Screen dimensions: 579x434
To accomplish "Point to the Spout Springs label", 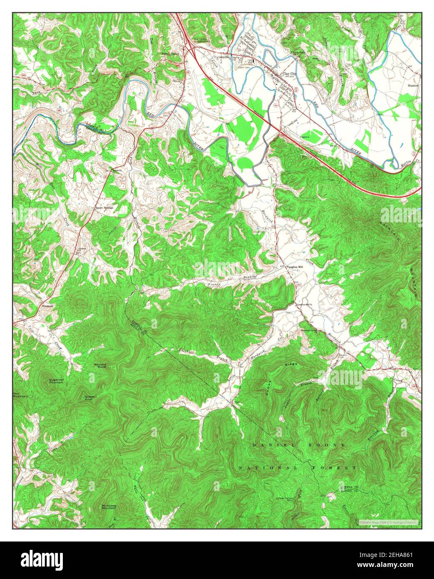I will coord(104,207).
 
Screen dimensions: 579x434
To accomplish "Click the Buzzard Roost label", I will coord(100,365).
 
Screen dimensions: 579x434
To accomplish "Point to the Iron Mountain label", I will coord(20,395).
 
